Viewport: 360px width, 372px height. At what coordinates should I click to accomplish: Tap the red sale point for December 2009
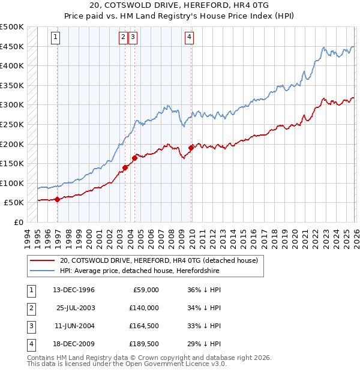pyautogui.click(x=191, y=148)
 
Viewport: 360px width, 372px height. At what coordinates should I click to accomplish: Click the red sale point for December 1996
pyautogui.click(x=57, y=199)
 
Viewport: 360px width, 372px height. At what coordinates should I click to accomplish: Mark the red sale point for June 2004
pyautogui.click(x=134, y=158)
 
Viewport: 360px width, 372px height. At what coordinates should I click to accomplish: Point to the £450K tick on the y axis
pyautogui.click(x=13, y=46)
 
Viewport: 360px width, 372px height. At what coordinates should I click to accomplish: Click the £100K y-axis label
pyautogui.click(x=13, y=183)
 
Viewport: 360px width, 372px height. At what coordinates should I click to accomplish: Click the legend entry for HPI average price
pyautogui.click(x=139, y=271)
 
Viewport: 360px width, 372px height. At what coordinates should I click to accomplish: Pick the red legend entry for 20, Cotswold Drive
pyautogui.click(x=158, y=260)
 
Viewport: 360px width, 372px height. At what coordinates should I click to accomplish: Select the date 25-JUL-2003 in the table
pyautogui.click(x=76, y=308)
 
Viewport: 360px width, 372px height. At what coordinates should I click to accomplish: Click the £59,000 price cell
pyautogui.click(x=145, y=290)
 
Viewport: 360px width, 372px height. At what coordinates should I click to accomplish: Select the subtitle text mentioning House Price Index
pyautogui.click(x=180, y=15)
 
